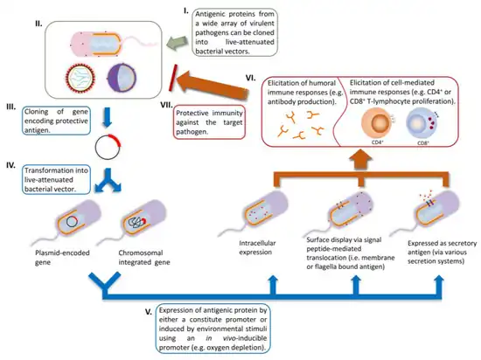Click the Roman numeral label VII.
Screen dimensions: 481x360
coord(167,105)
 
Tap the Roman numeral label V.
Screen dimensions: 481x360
coord(149,312)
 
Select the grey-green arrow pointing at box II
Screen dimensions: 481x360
coord(178,42)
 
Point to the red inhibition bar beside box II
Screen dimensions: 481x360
coord(173,78)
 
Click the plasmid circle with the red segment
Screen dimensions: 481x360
coord(108,147)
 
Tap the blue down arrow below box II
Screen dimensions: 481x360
coord(107,117)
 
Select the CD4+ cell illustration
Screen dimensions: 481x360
coord(378,124)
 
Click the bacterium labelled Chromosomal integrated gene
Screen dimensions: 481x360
coord(134,222)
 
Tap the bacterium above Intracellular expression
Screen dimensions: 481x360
coord(255,213)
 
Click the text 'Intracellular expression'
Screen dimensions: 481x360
coord(257,247)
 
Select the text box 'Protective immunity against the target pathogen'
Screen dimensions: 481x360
coord(209,122)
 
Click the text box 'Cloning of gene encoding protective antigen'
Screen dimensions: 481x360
coord(56,121)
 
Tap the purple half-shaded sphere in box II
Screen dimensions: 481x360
coord(122,77)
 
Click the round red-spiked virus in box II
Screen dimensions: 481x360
coord(80,78)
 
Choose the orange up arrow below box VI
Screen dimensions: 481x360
coord(361,159)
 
